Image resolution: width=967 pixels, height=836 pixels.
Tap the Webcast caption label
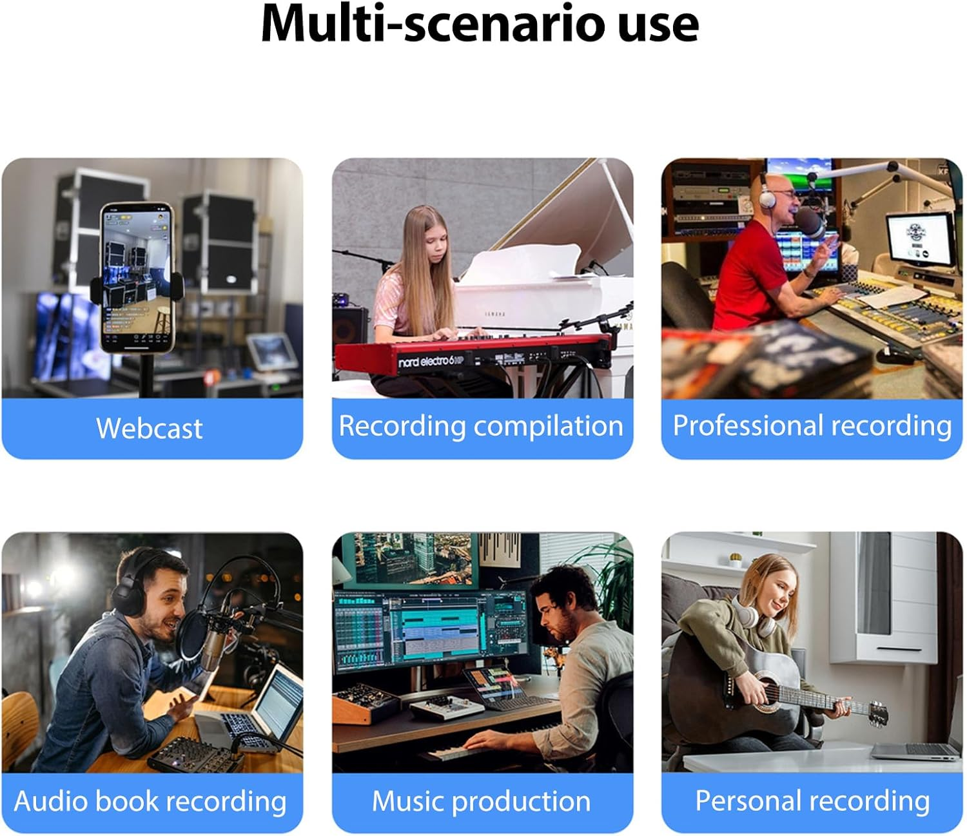tap(150, 429)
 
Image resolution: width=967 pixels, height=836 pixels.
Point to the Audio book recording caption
tap(150, 801)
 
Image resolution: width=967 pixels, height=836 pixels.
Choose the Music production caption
tap(482, 801)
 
